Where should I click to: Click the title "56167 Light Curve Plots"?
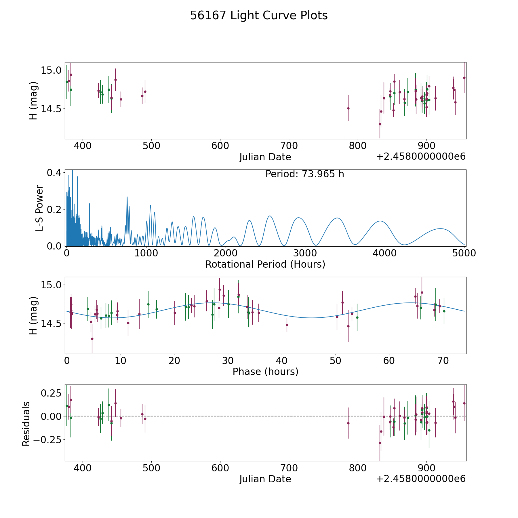(259, 16)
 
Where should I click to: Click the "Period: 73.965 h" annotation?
(304, 174)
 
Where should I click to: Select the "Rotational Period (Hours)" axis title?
(265, 264)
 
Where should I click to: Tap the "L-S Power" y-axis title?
(39, 208)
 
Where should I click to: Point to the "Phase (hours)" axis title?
(265, 372)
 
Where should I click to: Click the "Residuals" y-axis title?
(26, 424)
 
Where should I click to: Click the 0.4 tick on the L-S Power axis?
(54, 173)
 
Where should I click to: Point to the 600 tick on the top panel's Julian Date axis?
(220, 146)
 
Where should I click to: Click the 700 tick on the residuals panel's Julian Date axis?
(289, 468)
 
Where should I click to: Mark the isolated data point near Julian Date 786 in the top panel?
(348, 108)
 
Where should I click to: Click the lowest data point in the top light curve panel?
(380, 124)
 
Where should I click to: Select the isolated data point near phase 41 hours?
(287, 325)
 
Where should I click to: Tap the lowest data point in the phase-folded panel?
(92, 339)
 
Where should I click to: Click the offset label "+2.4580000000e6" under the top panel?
(421, 157)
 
